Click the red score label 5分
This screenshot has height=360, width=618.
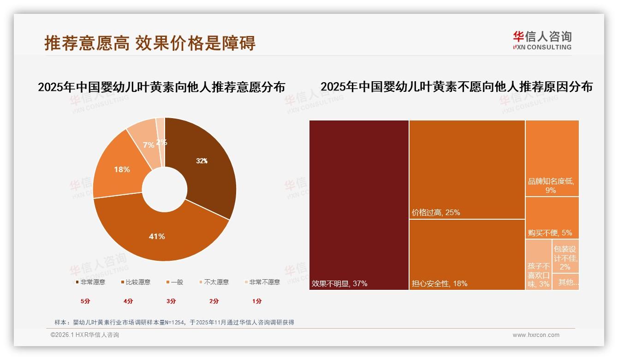tap(85, 301)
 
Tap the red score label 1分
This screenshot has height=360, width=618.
tap(257, 301)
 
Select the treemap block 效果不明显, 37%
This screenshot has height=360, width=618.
tap(359, 205)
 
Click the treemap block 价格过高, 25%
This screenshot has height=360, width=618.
tap(467, 169)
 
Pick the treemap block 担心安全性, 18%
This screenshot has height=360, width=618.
tap(467, 254)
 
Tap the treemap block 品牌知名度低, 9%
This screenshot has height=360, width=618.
tap(552, 158)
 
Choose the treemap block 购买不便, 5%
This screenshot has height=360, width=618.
tap(552, 218)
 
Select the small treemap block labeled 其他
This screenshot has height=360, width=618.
tap(565, 282)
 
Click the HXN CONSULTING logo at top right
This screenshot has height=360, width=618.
tap(542, 41)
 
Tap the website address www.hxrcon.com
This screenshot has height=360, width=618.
tap(536, 335)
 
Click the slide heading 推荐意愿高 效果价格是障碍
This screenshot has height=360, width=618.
tap(150, 43)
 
